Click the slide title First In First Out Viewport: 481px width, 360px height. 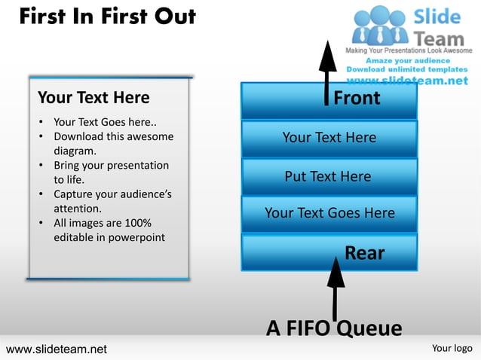pos(107,17)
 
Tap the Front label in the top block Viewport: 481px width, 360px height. pos(357,99)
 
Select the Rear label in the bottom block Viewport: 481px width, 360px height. pos(364,254)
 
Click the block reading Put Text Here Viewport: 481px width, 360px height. pos(328,177)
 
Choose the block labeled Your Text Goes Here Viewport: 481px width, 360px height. pos(329,213)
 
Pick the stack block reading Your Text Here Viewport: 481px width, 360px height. pos(329,137)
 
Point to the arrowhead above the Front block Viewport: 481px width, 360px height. pos(326,56)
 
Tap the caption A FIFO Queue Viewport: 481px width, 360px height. pos(334,328)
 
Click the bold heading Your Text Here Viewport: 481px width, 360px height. pos(93,97)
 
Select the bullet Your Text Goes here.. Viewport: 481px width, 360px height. pos(104,122)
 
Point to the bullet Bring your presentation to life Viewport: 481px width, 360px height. pos(110,172)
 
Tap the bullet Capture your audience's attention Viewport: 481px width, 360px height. pos(112,201)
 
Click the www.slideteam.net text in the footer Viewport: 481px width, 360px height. pos(57,349)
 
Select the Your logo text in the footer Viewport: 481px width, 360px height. pos(452,348)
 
